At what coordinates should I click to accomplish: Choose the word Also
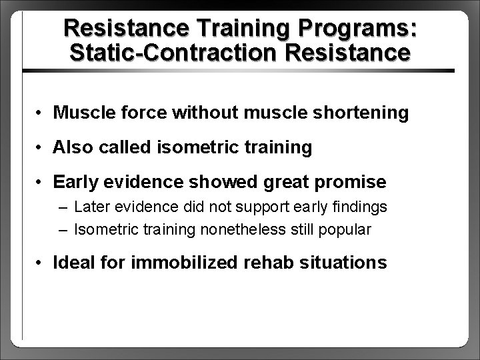(73, 147)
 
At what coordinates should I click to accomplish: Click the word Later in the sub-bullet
(90, 207)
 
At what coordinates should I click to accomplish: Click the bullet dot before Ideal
(41, 263)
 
